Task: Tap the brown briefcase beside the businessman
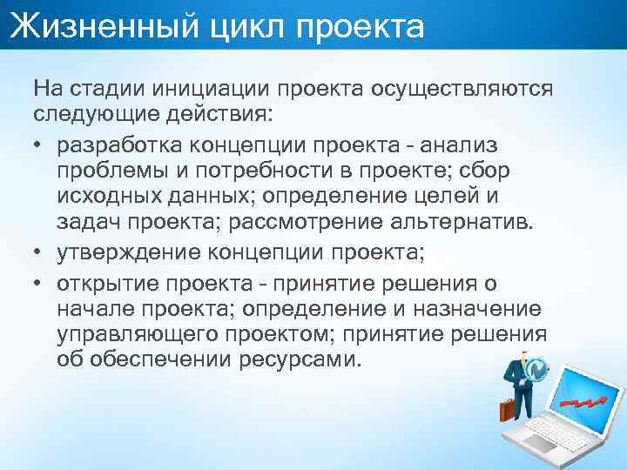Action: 509,409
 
